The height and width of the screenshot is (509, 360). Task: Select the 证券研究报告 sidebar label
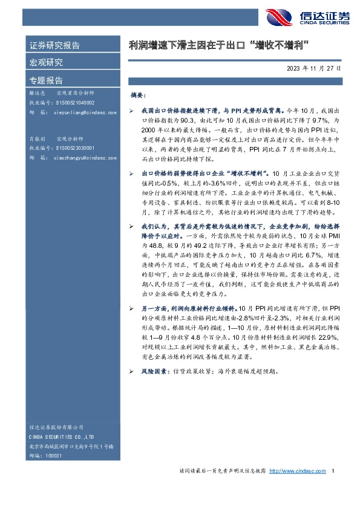click(x=54, y=45)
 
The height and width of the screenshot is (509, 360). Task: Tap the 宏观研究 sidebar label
click(x=46, y=62)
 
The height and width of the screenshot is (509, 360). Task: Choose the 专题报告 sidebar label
click(x=46, y=80)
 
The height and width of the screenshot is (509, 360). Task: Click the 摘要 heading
click(x=139, y=96)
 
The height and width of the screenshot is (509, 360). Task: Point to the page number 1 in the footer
click(x=333, y=470)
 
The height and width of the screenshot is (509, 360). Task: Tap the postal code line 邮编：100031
click(x=46, y=455)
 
